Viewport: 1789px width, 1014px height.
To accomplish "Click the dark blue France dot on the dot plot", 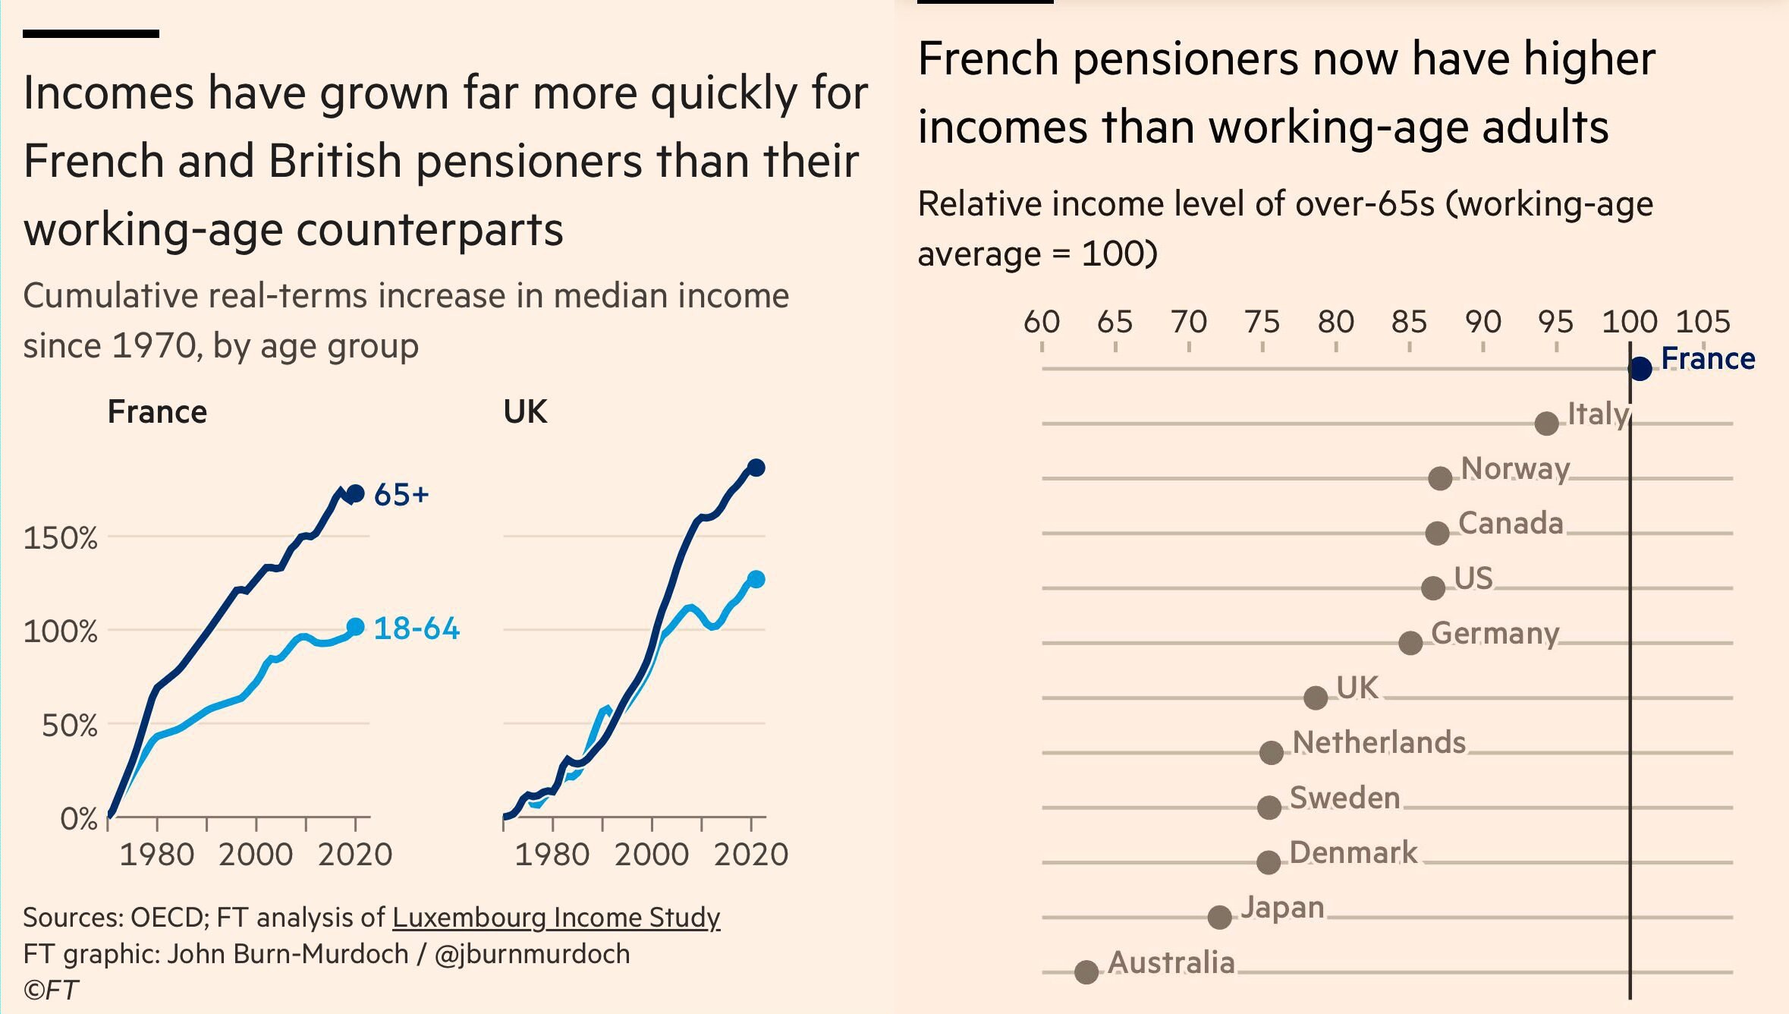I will (1640, 369).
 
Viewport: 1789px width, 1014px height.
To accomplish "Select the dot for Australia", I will (1086, 971).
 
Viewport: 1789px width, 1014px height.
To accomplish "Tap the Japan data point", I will (1219, 917).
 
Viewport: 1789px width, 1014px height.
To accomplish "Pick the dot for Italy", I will (1546, 424).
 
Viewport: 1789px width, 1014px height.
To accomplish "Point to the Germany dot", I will (1410, 643).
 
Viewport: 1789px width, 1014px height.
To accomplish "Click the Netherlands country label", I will (1379, 742).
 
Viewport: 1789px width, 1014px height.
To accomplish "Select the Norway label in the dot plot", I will (1515, 469).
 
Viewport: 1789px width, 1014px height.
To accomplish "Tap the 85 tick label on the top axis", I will (1409, 323).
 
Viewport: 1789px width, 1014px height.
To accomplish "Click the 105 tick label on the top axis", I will (1703, 323).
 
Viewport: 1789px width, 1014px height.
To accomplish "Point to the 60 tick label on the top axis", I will (1042, 323).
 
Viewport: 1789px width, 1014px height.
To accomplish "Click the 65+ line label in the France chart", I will (401, 495).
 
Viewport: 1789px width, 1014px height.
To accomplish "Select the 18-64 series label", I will (417, 628).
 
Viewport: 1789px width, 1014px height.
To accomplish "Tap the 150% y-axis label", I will (61, 538).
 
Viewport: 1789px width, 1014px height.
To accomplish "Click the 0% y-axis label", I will (79, 819).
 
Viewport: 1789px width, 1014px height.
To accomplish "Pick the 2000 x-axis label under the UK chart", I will (652, 855).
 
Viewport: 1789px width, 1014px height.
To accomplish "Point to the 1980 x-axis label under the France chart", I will (157, 855).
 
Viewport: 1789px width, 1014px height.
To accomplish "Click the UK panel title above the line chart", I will (525, 412).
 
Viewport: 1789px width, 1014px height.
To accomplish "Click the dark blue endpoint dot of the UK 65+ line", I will (756, 468).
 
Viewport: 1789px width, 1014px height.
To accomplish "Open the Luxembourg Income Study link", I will (556, 918).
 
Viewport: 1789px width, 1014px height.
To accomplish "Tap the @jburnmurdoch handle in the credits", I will (532, 954).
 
